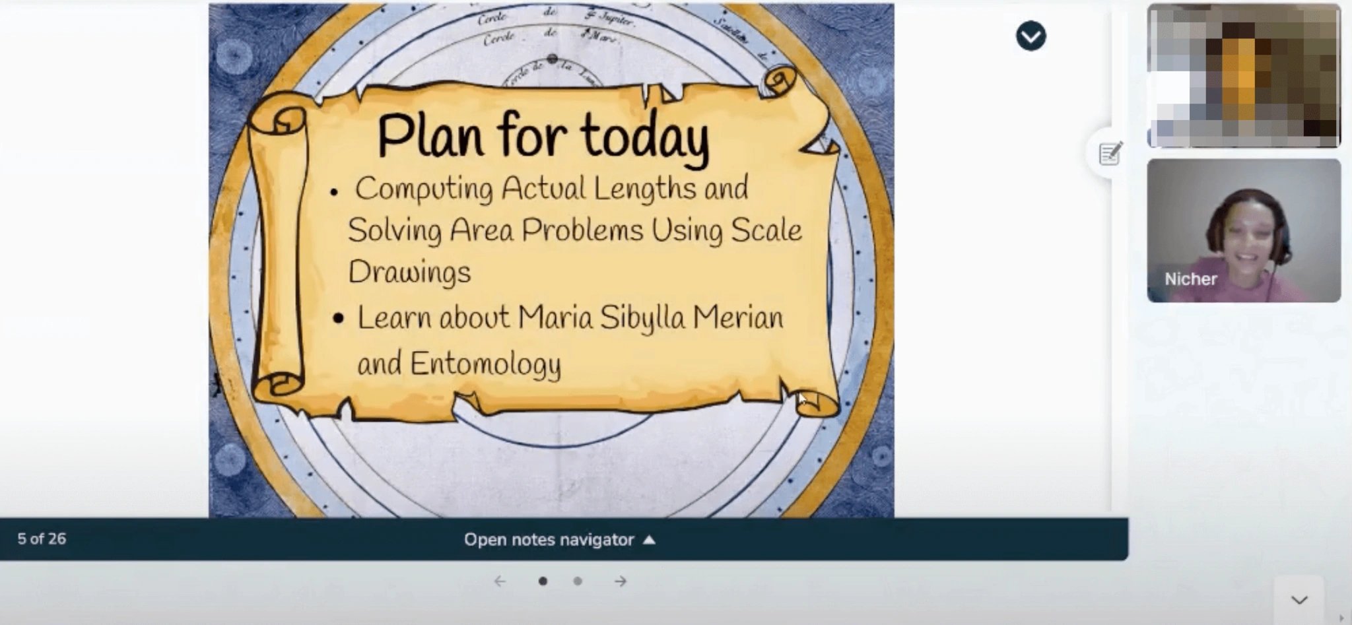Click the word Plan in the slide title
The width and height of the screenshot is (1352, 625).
tap(430, 137)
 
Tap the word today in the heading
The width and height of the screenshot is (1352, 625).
tap(645, 137)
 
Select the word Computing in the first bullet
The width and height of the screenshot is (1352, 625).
tap(424, 189)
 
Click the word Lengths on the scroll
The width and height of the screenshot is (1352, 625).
tap(644, 189)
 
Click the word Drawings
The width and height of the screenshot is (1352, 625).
tap(409, 272)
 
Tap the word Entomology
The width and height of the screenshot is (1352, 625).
tap(485, 364)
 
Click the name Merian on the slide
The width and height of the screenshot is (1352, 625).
tap(737, 317)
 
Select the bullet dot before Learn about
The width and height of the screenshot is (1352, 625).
tap(339, 319)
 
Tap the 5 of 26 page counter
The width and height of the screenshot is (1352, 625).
tap(42, 539)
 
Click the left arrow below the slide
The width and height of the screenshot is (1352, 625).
tap(500, 581)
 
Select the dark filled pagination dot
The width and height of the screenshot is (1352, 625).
tap(543, 581)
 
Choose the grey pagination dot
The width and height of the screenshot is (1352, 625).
tap(578, 581)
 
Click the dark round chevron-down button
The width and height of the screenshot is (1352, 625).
tap(1031, 36)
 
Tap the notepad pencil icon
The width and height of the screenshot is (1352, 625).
tap(1110, 154)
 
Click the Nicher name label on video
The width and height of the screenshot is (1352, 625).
tap(1190, 279)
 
